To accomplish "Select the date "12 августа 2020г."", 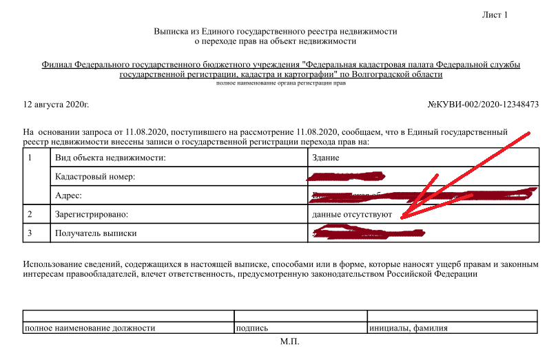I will [x=56, y=105].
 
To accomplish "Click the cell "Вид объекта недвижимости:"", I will [x=110, y=158].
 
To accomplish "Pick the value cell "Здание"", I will [x=327, y=158].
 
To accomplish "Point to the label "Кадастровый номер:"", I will [x=94, y=177].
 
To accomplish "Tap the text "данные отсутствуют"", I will [x=351, y=214].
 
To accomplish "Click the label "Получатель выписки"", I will [x=96, y=233].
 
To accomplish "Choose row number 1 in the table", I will [x=29, y=158].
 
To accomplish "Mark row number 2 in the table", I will [x=29, y=214].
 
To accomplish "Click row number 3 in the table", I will [x=29, y=233].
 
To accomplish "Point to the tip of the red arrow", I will [x=402, y=218].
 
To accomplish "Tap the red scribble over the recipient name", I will [x=369, y=233].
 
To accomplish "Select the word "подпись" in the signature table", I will [x=251, y=328].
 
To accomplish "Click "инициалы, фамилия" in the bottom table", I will [x=409, y=328].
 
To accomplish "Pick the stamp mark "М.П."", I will [x=289, y=341].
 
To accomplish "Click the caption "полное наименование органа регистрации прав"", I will [x=281, y=83].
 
